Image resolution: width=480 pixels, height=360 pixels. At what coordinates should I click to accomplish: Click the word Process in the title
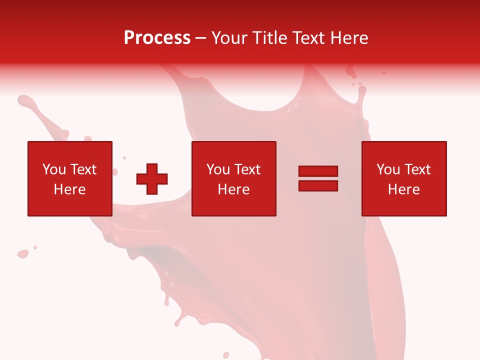(x=157, y=38)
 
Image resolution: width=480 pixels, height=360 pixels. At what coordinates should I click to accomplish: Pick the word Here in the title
(x=350, y=38)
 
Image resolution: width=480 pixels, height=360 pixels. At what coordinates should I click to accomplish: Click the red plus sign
(x=152, y=178)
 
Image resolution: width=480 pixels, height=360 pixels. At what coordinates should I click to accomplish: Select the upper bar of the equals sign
(x=318, y=171)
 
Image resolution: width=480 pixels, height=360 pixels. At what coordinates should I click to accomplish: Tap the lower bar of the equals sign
(x=318, y=185)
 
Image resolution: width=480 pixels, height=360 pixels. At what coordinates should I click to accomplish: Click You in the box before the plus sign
(x=54, y=169)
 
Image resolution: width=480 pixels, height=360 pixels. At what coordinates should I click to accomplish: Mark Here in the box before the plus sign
(x=69, y=189)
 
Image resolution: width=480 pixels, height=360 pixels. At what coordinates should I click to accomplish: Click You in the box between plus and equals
(x=218, y=169)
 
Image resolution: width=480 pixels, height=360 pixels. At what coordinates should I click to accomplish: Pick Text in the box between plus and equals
(x=246, y=169)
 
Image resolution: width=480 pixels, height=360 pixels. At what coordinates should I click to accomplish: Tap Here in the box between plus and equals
(x=233, y=189)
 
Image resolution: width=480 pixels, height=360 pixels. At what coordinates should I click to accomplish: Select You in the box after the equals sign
(x=388, y=169)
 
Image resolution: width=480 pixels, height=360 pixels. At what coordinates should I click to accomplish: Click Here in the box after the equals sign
(x=403, y=189)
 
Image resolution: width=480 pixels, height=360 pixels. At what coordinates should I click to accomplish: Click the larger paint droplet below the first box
(x=22, y=254)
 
